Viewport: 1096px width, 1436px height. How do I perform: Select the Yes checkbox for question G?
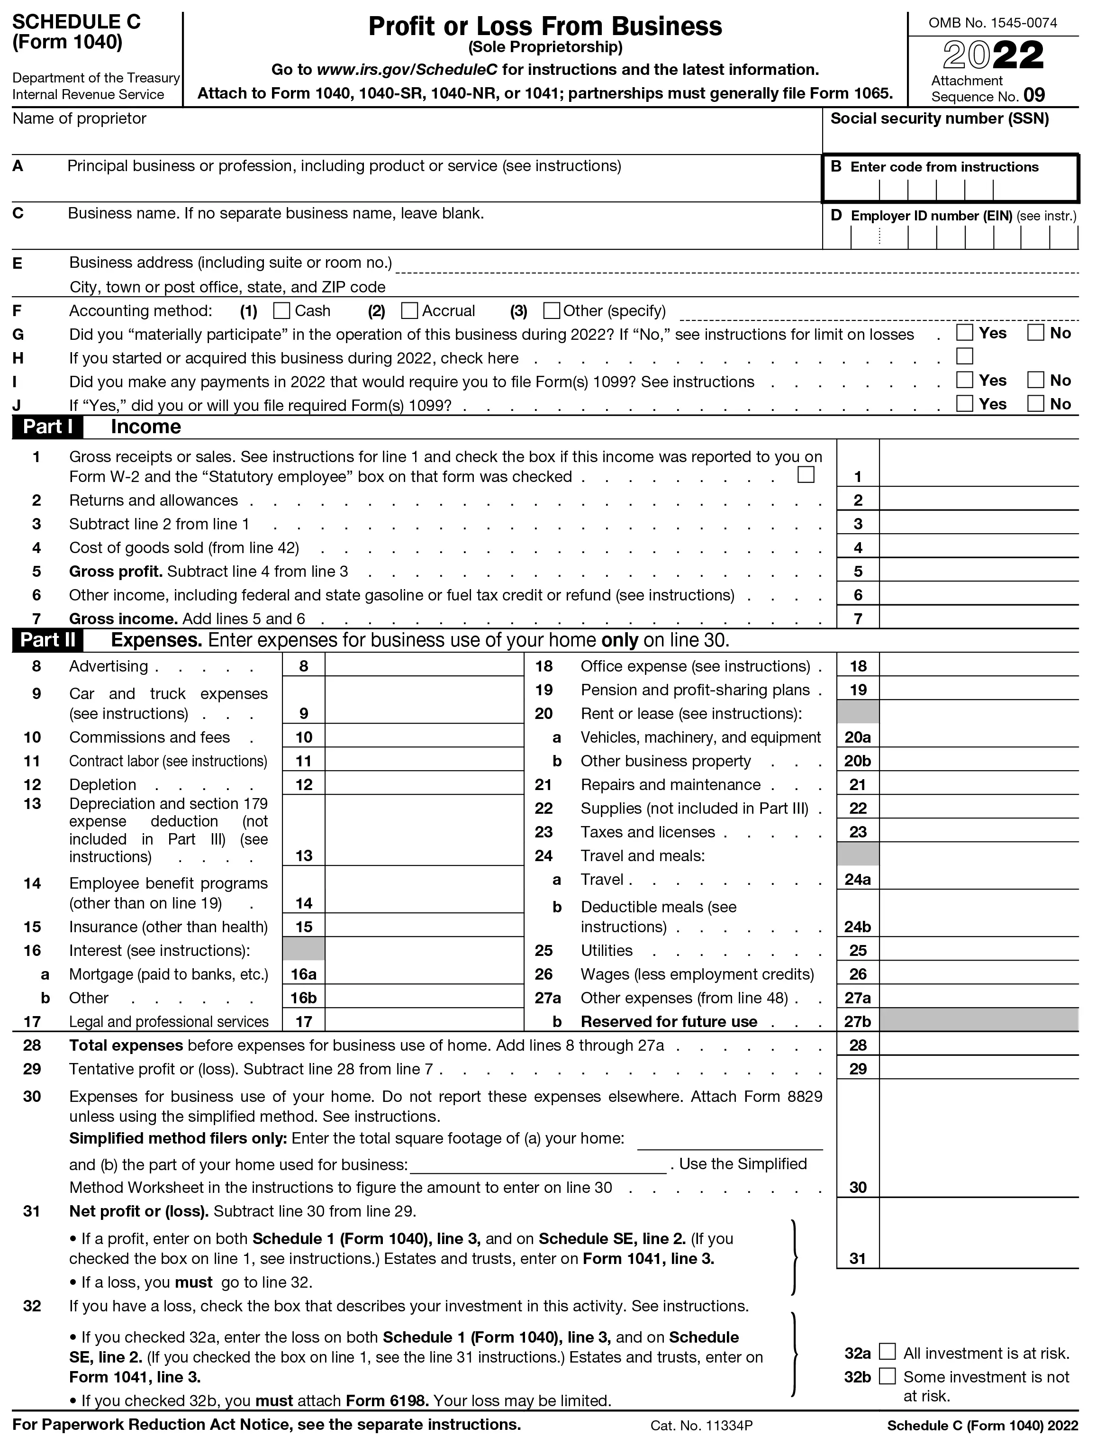964,333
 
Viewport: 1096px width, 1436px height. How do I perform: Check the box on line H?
964,356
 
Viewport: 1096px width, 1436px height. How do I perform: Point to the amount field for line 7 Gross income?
978,618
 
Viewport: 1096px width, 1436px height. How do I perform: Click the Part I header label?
48,427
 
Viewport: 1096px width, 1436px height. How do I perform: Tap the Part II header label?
48,640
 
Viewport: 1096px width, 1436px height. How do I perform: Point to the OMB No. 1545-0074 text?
992,23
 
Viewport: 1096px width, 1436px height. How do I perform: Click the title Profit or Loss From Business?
545,27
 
